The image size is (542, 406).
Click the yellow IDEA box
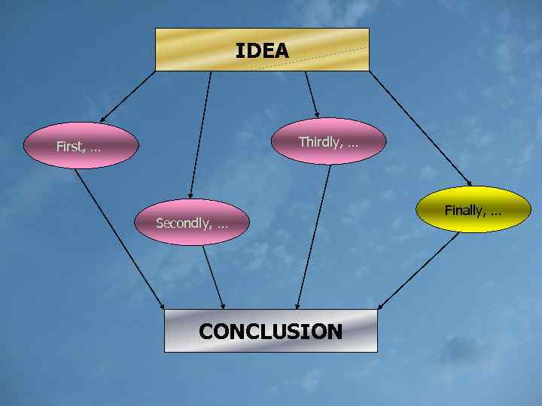pyautogui.click(x=188, y=50)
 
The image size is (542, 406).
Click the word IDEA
pyautogui.click(x=262, y=50)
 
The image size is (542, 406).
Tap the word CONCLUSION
pyautogui.click(x=270, y=332)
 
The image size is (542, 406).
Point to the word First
pyautogui.click(x=70, y=147)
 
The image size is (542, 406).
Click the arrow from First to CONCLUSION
pyautogui.click(x=120, y=238)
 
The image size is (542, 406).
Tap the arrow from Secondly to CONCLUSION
pyautogui.click(x=213, y=277)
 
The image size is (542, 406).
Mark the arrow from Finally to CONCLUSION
pyautogui.click(x=418, y=271)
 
